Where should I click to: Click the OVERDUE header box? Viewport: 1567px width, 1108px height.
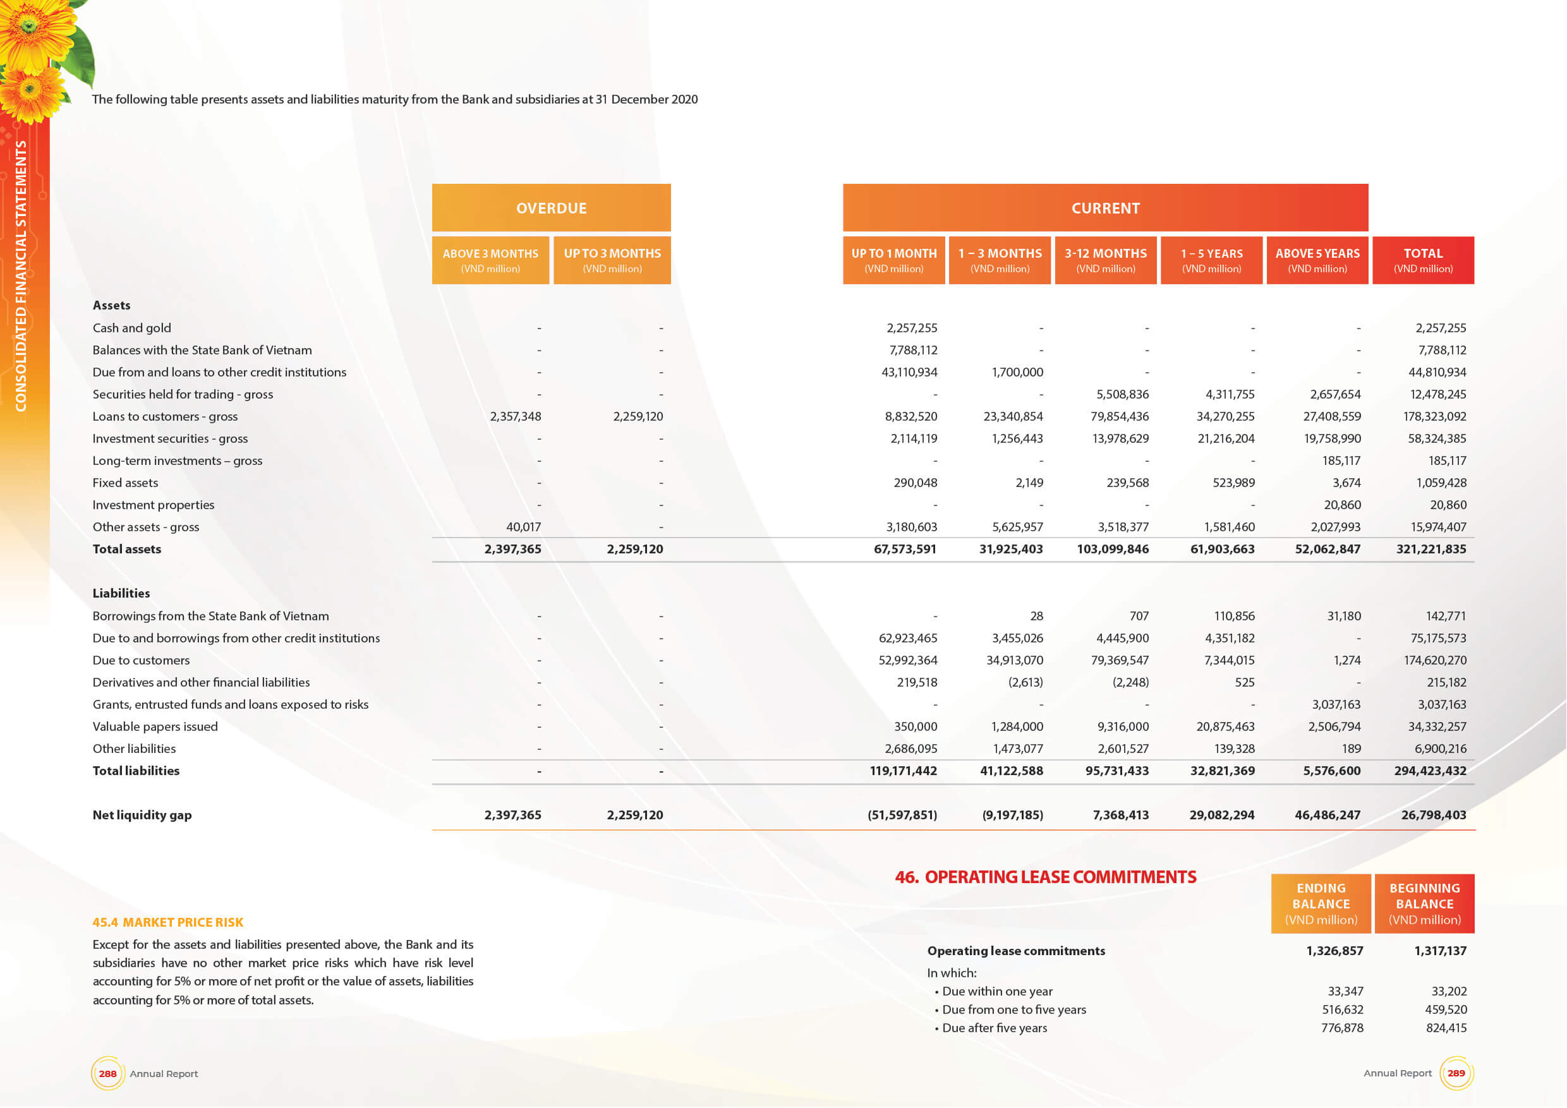(x=551, y=207)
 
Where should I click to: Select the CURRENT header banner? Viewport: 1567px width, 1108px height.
(x=1105, y=207)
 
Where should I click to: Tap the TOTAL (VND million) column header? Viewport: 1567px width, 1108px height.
(x=1423, y=260)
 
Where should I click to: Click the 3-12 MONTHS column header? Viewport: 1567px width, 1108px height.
(x=1106, y=260)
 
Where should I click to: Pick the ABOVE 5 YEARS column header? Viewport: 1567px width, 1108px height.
(x=1317, y=260)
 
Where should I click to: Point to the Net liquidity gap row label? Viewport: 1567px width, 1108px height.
(x=142, y=815)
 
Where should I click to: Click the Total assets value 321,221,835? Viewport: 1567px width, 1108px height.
(x=1431, y=549)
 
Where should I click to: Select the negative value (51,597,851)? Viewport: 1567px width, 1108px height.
(x=902, y=815)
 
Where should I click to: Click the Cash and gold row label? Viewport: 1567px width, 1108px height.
(x=131, y=328)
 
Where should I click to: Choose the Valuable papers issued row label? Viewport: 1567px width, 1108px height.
(x=155, y=726)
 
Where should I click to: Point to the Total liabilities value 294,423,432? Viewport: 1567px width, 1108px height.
(x=1430, y=771)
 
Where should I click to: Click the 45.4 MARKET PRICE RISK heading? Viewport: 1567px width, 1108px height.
(x=168, y=922)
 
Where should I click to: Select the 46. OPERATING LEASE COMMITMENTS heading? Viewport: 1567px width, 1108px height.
(x=1045, y=877)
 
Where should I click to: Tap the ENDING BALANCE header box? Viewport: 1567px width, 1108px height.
(x=1321, y=903)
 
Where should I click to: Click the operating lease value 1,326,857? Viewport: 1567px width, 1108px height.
(x=1334, y=951)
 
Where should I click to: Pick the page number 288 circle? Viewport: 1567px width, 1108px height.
(x=108, y=1073)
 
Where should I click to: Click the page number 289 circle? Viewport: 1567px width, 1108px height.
(x=1456, y=1073)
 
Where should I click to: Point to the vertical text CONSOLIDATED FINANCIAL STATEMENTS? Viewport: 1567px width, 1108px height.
(x=21, y=275)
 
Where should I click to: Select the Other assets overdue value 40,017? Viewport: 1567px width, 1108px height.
(x=523, y=527)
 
